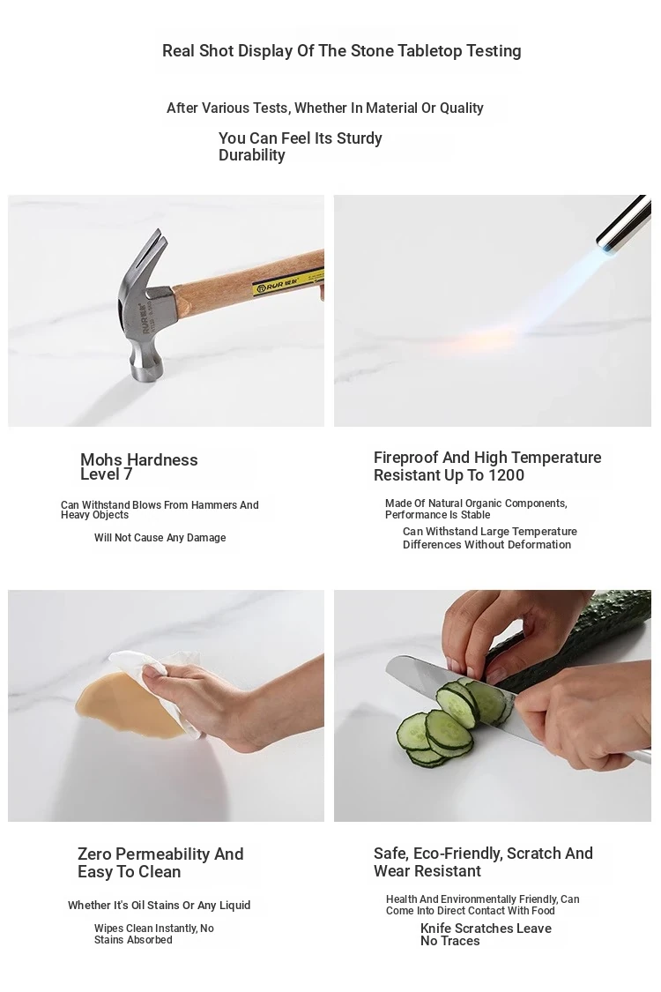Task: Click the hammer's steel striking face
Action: pos(147,372)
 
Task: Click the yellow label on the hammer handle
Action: pos(288,281)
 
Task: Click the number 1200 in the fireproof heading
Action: pos(507,475)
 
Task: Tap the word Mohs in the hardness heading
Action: pos(100,460)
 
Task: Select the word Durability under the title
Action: pos(252,155)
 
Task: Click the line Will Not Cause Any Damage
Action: pos(160,538)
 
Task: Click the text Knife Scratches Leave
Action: pos(486,929)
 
